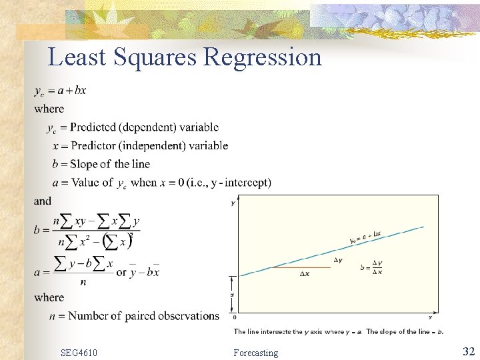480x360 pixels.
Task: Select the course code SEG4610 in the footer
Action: click(x=79, y=352)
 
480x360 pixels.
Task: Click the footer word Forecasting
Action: click(x=256, y=353)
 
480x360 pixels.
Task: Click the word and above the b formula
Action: click(x=42, y=201)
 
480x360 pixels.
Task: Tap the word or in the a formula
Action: click(x=121, y=272)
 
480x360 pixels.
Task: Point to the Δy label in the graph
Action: click(x=339, y=260)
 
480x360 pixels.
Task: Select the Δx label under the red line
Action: click(x=304, y=274)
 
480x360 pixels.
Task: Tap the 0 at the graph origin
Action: click(x=235, y=317)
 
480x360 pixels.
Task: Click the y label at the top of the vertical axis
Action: click(x=233, y=202)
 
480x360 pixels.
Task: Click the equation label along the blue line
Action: click(x=365, y=237)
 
